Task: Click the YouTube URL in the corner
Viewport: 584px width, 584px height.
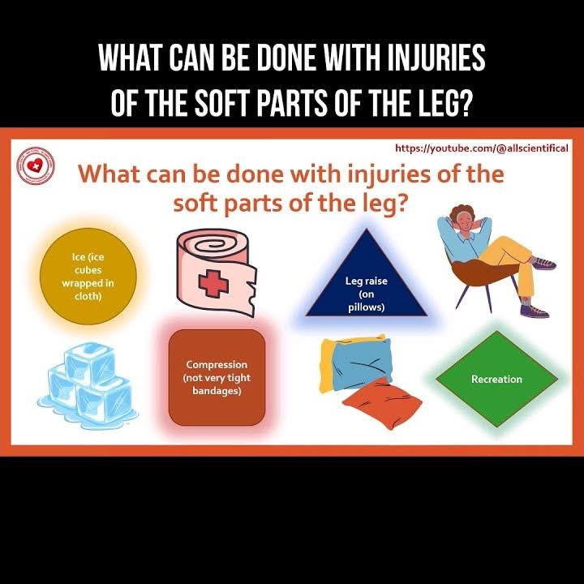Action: coord(482,148)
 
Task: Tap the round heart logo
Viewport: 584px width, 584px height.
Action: coord(36,165)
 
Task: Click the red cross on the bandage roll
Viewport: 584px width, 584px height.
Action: coord(213,283)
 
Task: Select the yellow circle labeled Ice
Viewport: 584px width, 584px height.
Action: coord(88,277)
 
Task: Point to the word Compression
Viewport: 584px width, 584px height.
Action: coord(217,364)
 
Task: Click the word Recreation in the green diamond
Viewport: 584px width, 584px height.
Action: coord(496,379)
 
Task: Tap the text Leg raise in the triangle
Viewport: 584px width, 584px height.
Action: coord(366,281)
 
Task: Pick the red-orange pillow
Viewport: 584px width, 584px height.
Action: coord(383,403)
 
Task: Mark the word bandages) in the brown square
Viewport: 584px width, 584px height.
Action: coord(217,391)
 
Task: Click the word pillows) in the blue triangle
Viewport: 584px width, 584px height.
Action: coord(366,307)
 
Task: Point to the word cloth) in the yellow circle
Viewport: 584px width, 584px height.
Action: coord(88,296)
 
